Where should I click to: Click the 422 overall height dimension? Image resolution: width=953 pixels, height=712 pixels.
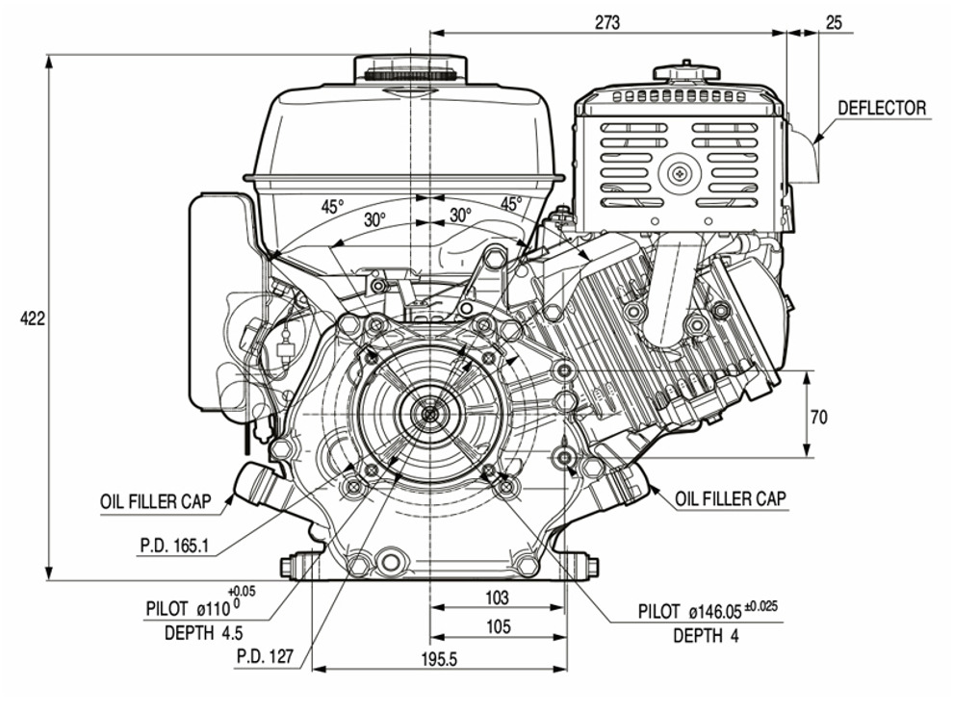tap(33, 318)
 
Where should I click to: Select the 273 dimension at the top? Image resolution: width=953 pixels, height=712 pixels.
tap(607, 21)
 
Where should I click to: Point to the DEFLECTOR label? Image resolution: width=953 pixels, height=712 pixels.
tap(881, 108)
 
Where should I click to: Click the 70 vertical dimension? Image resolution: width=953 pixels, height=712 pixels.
tap(819, 417)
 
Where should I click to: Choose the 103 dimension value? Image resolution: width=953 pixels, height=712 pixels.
tap(497, 598)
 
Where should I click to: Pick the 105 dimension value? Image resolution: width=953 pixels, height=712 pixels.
tap(497, 626)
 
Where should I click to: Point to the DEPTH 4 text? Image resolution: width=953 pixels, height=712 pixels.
tap(706, 635)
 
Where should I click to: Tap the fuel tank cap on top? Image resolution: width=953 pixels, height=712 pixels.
tap(411, 70)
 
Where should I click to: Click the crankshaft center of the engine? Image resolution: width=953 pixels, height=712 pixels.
tap(427, 414)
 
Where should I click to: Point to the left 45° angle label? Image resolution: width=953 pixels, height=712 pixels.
tap(331, 206)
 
